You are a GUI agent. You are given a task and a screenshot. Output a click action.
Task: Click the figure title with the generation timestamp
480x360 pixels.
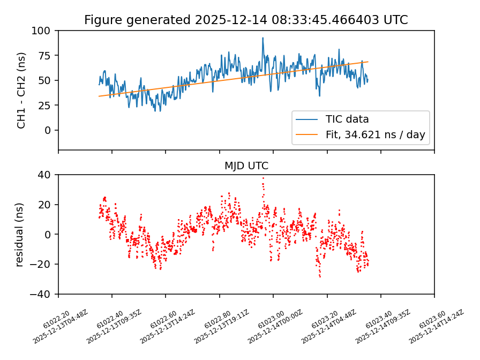pos(246,20)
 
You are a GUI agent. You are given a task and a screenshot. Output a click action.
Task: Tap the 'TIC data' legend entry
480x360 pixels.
pos(347,119)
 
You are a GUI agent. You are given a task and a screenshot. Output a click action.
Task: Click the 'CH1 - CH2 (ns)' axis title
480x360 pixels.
pos(21,90)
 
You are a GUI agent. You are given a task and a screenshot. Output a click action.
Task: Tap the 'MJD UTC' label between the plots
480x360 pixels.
pos(246,166)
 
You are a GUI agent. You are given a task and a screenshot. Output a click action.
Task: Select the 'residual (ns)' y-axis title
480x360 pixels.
pos(20,234)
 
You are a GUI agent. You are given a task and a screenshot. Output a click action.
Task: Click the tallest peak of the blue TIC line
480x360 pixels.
pos(263,38)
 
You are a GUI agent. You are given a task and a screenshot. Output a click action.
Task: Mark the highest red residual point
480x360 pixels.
pos(263,178)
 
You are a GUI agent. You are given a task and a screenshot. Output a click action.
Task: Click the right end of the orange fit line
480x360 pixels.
pos(367,62)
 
